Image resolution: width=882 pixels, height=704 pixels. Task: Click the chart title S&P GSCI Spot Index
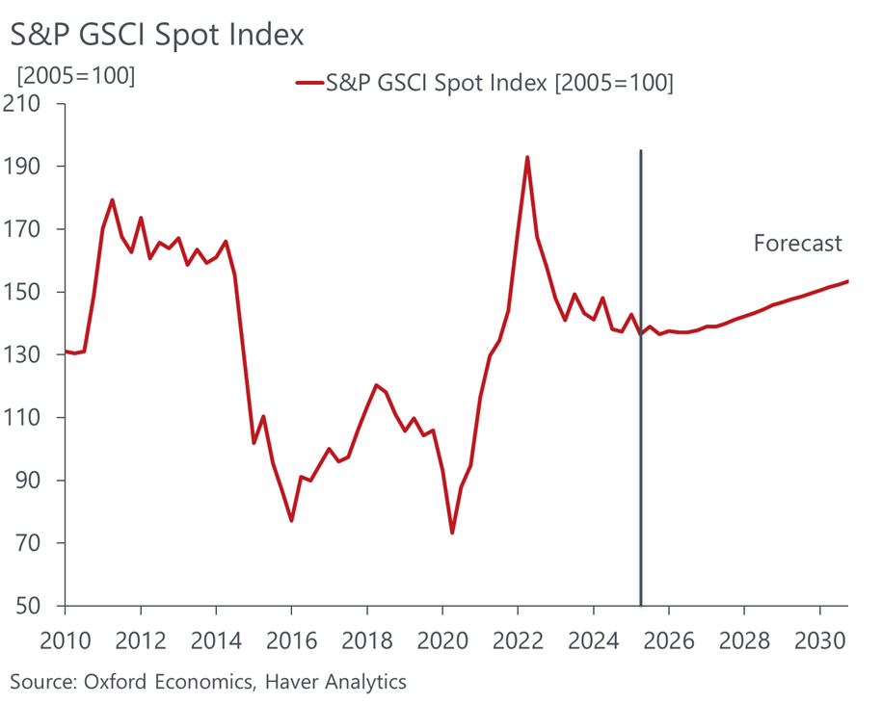point(157,35)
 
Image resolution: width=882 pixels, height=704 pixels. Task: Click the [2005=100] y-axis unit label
point(73,74)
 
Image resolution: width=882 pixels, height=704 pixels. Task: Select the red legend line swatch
point(308,84)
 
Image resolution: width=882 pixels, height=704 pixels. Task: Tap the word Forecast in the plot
point(797,243)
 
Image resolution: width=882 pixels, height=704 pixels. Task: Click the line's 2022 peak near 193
point(527,157)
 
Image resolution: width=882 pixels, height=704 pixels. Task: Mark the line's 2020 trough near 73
point(452,533)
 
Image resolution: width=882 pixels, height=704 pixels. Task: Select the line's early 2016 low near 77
point(291,520)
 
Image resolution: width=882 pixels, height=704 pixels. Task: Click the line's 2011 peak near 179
point(113,200)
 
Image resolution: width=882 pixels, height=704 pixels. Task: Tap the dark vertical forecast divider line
point(641,385)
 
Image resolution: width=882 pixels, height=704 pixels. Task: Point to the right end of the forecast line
point(847,281)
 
